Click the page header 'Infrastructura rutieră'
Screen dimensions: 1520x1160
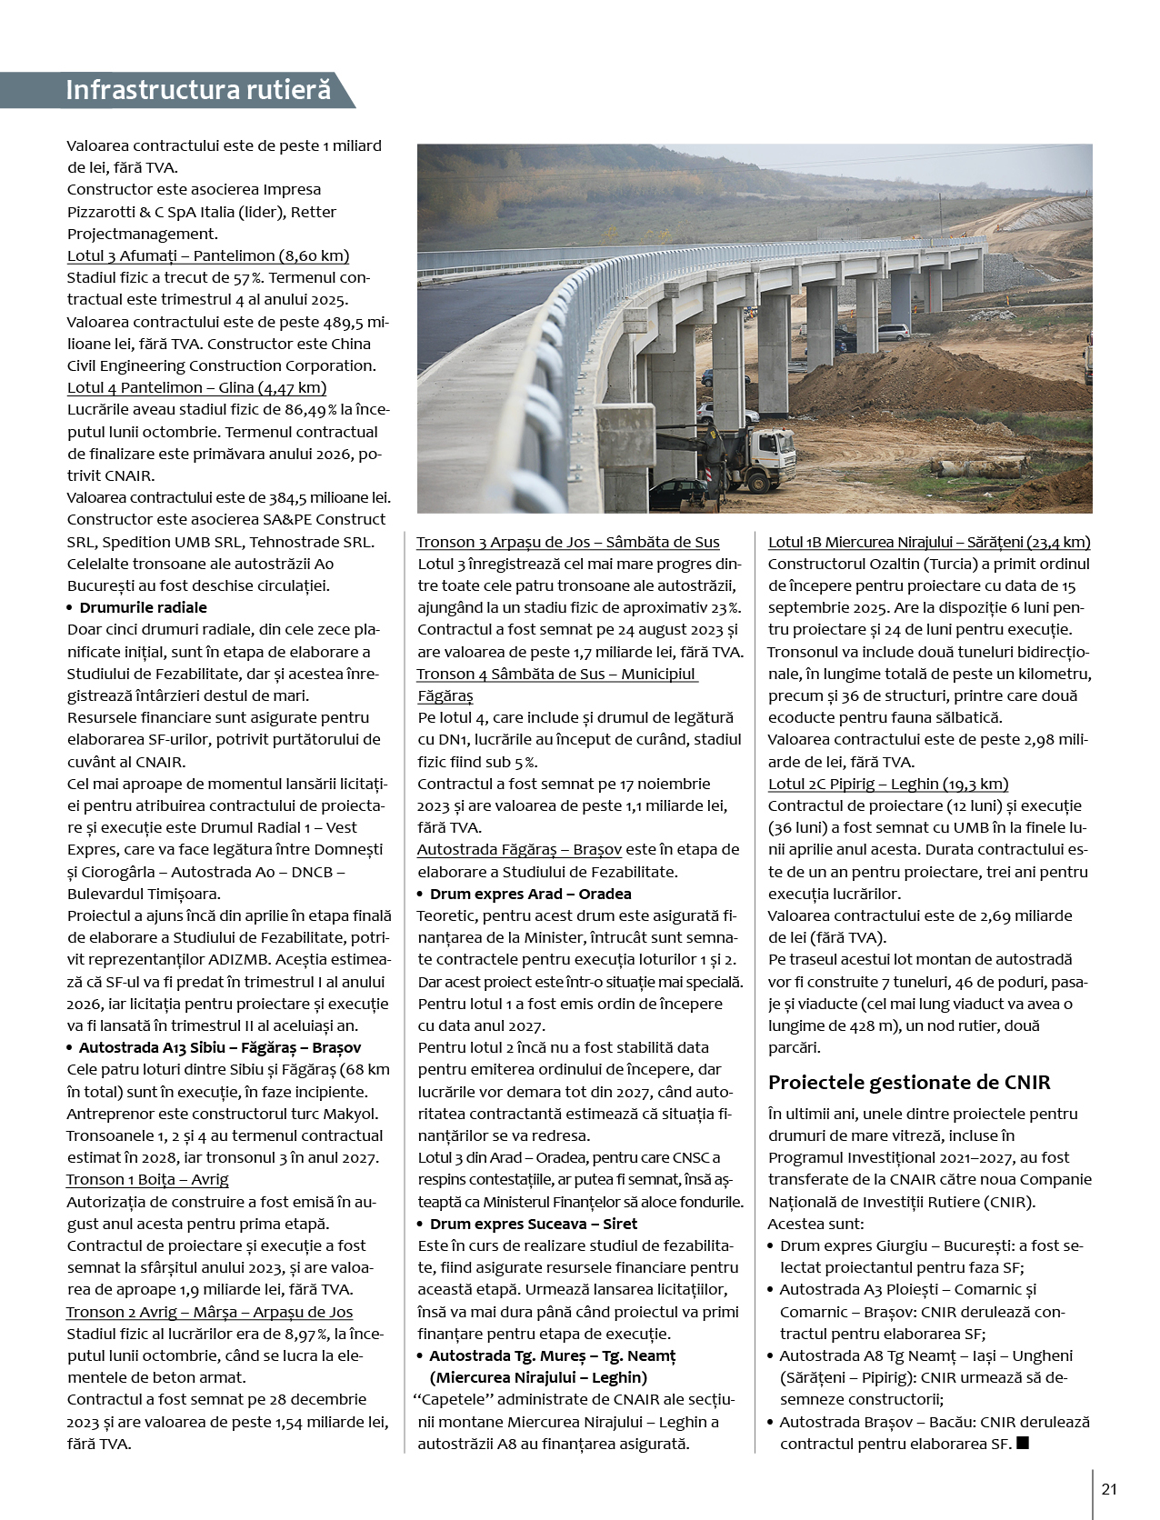tap(197, 90)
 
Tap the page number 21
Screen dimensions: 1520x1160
tap(1108, 1488)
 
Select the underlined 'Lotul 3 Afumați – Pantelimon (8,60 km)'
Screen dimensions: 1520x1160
tap(208, 255)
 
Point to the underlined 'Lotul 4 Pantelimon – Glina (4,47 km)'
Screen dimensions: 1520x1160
tap(196, 387)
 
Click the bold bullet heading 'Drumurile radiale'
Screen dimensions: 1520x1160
tap(143, 607)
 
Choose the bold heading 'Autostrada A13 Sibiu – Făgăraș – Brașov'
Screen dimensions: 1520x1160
tap(219, 1047)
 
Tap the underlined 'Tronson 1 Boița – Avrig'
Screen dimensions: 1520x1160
tap(147, 1179)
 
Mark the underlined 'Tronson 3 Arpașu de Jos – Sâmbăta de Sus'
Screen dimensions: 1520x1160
tap(567, 542)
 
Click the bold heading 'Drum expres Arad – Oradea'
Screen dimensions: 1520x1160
tap(530, 894)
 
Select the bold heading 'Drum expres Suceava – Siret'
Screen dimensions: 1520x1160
tap(533, 1224)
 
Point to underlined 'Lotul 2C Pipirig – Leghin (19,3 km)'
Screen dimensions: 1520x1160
tap(887, 784)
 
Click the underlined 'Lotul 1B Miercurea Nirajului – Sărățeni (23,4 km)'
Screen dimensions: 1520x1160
tap(928, 542)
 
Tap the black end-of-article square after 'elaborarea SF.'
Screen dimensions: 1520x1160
tap(1023, 1443)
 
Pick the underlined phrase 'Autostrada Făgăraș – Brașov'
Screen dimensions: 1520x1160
tap(519, 849)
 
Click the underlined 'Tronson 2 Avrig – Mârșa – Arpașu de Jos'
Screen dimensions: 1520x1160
tap(209, 1312)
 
